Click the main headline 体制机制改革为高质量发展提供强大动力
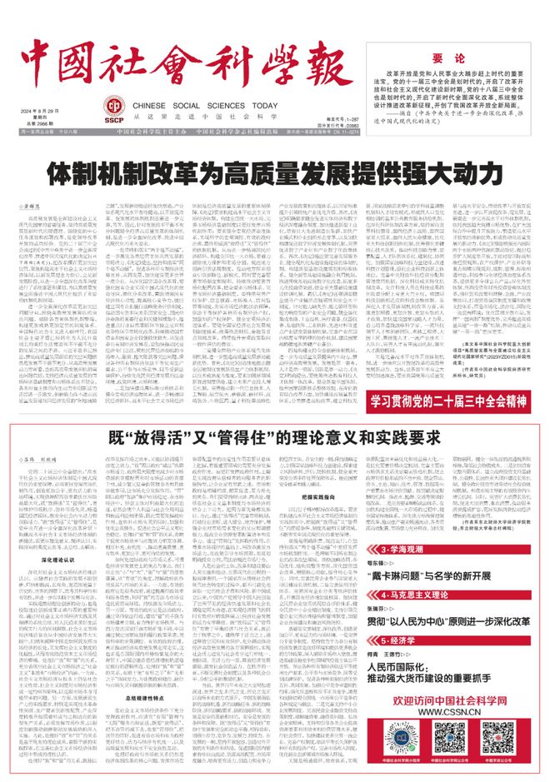coord(275,174)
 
